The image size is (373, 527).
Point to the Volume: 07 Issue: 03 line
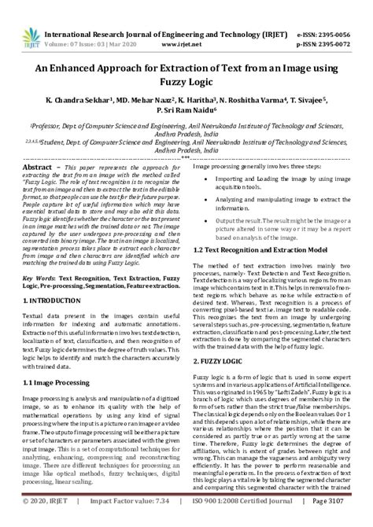pyautogui.click(x=87, y=25)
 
